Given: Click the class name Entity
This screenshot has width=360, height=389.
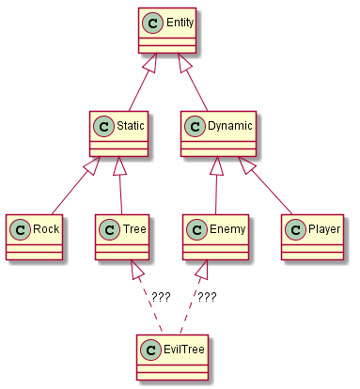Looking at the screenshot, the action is coord(180,23).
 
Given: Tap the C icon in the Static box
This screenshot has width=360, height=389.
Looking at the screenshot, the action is coord(103,127).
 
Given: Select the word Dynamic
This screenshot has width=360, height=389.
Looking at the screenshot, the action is coord(230,126).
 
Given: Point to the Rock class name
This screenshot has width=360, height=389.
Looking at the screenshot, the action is coord(46,229).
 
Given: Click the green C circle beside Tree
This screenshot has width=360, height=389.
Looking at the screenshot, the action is coord(109,230).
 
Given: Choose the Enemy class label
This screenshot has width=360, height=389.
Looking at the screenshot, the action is coord(227,229).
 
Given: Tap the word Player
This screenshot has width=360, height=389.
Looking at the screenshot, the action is coord(324,229).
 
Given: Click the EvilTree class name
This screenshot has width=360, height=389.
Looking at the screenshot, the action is coord(184,350).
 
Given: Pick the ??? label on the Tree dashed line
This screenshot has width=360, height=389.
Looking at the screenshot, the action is coord(161,297).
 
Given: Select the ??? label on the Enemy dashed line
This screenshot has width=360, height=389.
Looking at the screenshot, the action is coord(207,297).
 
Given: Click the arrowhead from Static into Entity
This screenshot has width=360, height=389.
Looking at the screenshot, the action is coord(151,63).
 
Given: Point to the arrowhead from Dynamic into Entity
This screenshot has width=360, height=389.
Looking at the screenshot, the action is coord(184,63).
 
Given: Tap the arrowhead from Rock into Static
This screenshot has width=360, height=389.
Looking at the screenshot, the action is coord(92,166).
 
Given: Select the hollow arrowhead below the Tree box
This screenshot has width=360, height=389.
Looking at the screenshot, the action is coord(136,270).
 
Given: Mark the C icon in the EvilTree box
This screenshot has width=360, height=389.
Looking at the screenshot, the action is coord(150,350).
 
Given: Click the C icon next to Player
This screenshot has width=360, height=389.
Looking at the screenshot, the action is coord(295,230).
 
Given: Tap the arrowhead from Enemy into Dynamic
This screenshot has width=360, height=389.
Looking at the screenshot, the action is coord(217,166).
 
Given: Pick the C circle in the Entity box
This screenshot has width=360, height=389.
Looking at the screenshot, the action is coord(152,23).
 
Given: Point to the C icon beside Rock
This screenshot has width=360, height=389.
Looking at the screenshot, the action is coord(20,230).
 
